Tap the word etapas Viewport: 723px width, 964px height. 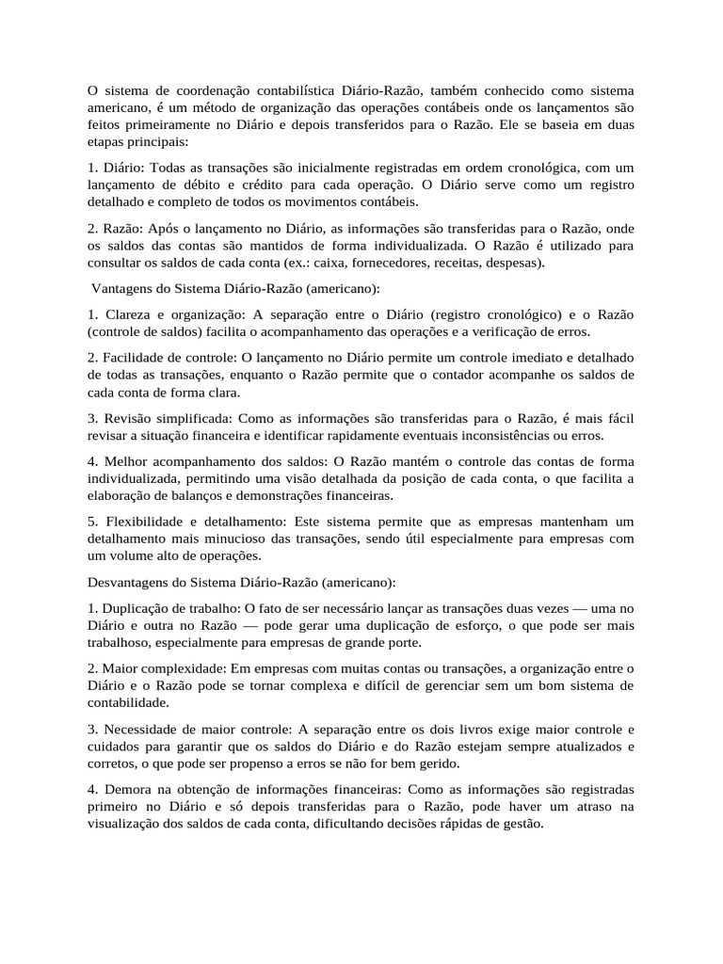[x=108, y=141]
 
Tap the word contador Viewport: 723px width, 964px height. [x=458, y=375]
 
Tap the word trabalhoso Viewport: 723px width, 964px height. [x=123, y=642]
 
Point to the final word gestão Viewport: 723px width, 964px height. [x=522, y=823]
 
